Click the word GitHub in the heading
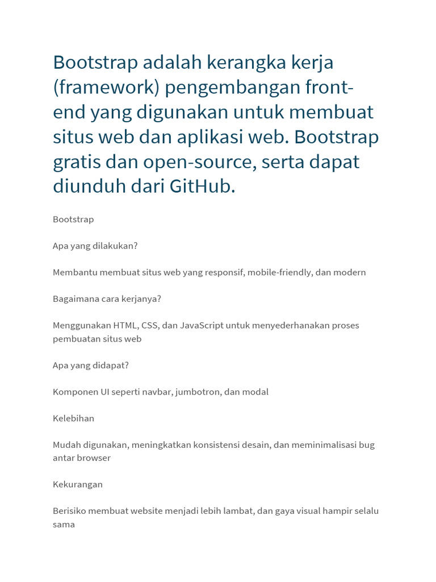[x=202, y=186]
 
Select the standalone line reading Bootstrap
[x=73, y=219]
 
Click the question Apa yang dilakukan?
[x=95, y=246]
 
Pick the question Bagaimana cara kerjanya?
[x=107, y=299]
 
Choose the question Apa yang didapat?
[x=91, y=365]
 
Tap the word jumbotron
[x=199, y=392]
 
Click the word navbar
[x=158, y=392]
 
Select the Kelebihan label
[x=73, y=418]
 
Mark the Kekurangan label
[x=78, y=485]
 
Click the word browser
[x=94, y=458]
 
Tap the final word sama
[x=64, y=525]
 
